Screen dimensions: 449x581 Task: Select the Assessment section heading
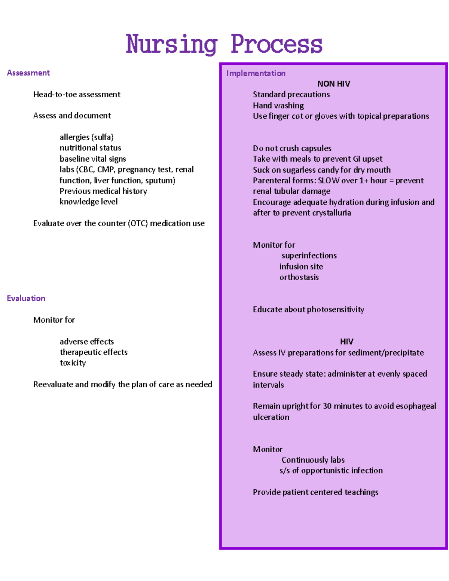pos(28,73)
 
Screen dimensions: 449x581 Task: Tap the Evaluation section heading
pos(26,298)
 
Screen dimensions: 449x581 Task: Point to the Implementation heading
pos(256,73)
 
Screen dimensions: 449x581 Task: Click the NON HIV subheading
pos(333,84)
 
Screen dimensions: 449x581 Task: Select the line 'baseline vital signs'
pos(93,159)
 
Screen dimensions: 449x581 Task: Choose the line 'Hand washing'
pos(278,106)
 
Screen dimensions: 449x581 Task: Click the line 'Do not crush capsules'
pos(292,148)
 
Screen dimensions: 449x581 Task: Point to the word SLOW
pos(329,181)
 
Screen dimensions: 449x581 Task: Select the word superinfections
pos(309,256)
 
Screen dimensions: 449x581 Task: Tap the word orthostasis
pos(299,277)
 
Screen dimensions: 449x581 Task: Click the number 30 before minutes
pos(327,406)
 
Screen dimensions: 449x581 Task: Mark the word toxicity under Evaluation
pos(73,363)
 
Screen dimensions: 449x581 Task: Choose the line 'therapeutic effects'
pos(94,352)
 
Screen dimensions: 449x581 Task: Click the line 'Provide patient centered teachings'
pos(315,492)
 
